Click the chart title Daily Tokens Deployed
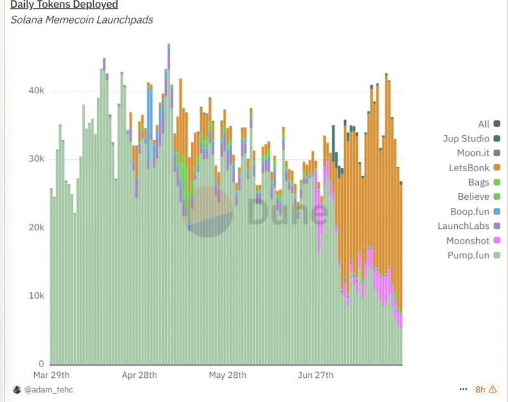pos(64,5)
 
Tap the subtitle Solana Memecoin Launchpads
pos(82,20)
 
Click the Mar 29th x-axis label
pos(69,375)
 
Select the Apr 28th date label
pos(139,375)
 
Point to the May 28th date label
pos(227,375)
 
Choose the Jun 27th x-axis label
pos(316,375)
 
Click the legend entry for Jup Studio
pos(466,138)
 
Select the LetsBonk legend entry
pos(470,167)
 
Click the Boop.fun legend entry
pos(469,211)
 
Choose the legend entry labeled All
pos(484,124)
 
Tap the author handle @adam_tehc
pos(48,389)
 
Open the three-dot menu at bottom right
pos(463,389)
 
